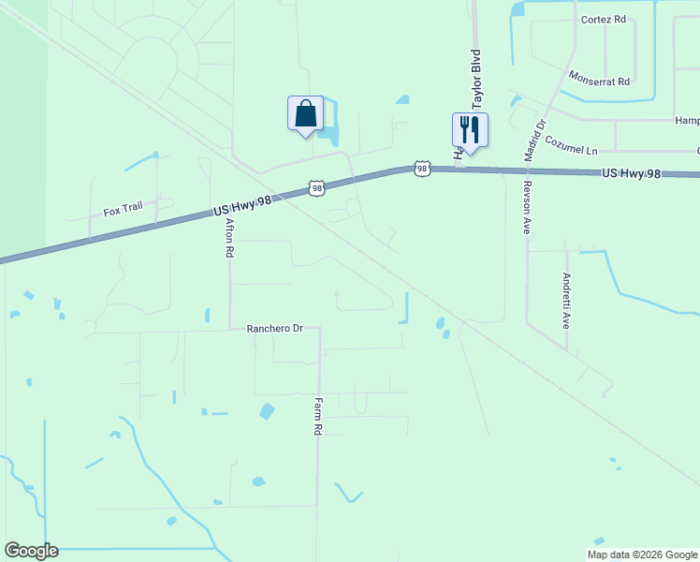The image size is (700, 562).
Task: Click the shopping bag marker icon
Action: pos(305,114)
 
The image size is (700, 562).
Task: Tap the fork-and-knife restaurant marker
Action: pos(470,130)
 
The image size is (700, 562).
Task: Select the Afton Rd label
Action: pos(228,239)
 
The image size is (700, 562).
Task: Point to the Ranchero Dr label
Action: pos(275,329)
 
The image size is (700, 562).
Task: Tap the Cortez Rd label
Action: pos(603,19)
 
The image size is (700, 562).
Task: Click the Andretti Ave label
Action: pos(566,301)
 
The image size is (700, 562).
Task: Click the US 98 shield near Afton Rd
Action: pos(317,189)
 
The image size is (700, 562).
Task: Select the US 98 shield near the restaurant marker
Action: pos(422,169)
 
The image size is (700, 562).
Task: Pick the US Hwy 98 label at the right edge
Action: pos(637,173)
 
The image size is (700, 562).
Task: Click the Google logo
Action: pos(31,551)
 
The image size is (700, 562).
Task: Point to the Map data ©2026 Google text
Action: pos(641,554)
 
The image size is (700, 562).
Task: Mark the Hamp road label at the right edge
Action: pos(687,120)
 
